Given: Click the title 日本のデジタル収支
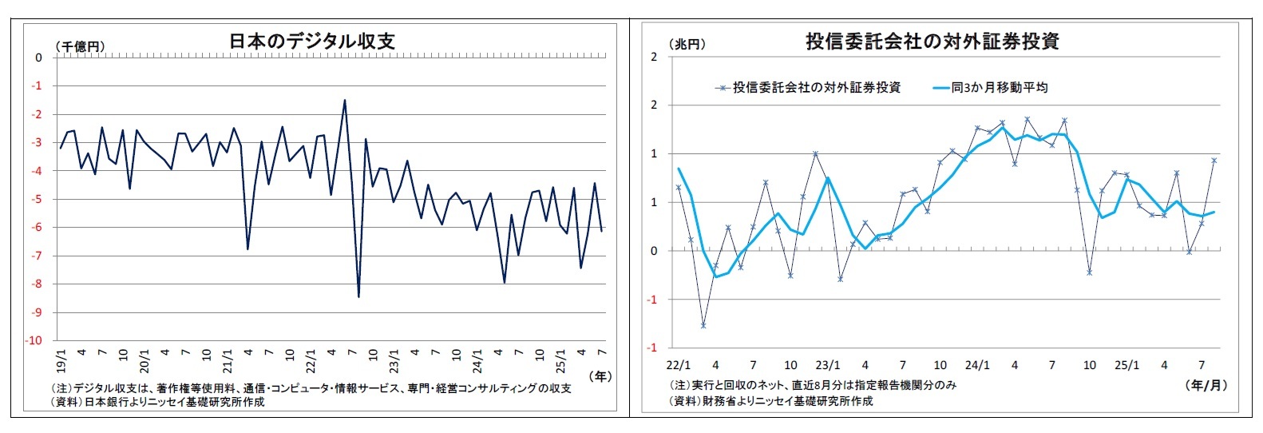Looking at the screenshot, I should point(312,41).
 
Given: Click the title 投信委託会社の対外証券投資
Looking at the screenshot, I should point(932,42).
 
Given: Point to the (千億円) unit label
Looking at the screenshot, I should point(80,47).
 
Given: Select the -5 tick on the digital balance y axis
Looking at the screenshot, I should point(38,199).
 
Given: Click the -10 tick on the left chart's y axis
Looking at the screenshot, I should point(35,340).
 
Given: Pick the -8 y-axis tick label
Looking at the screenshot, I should point(38,284).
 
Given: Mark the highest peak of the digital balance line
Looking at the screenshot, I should point(344,100).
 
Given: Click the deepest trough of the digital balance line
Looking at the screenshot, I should point(358,296).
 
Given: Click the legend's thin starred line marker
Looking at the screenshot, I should point(723,88).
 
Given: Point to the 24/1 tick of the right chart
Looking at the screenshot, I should point(977,365).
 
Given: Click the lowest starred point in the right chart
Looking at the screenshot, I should point(703,325).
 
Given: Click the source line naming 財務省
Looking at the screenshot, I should point(771,401).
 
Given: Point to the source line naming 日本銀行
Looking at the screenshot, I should point(156,402).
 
